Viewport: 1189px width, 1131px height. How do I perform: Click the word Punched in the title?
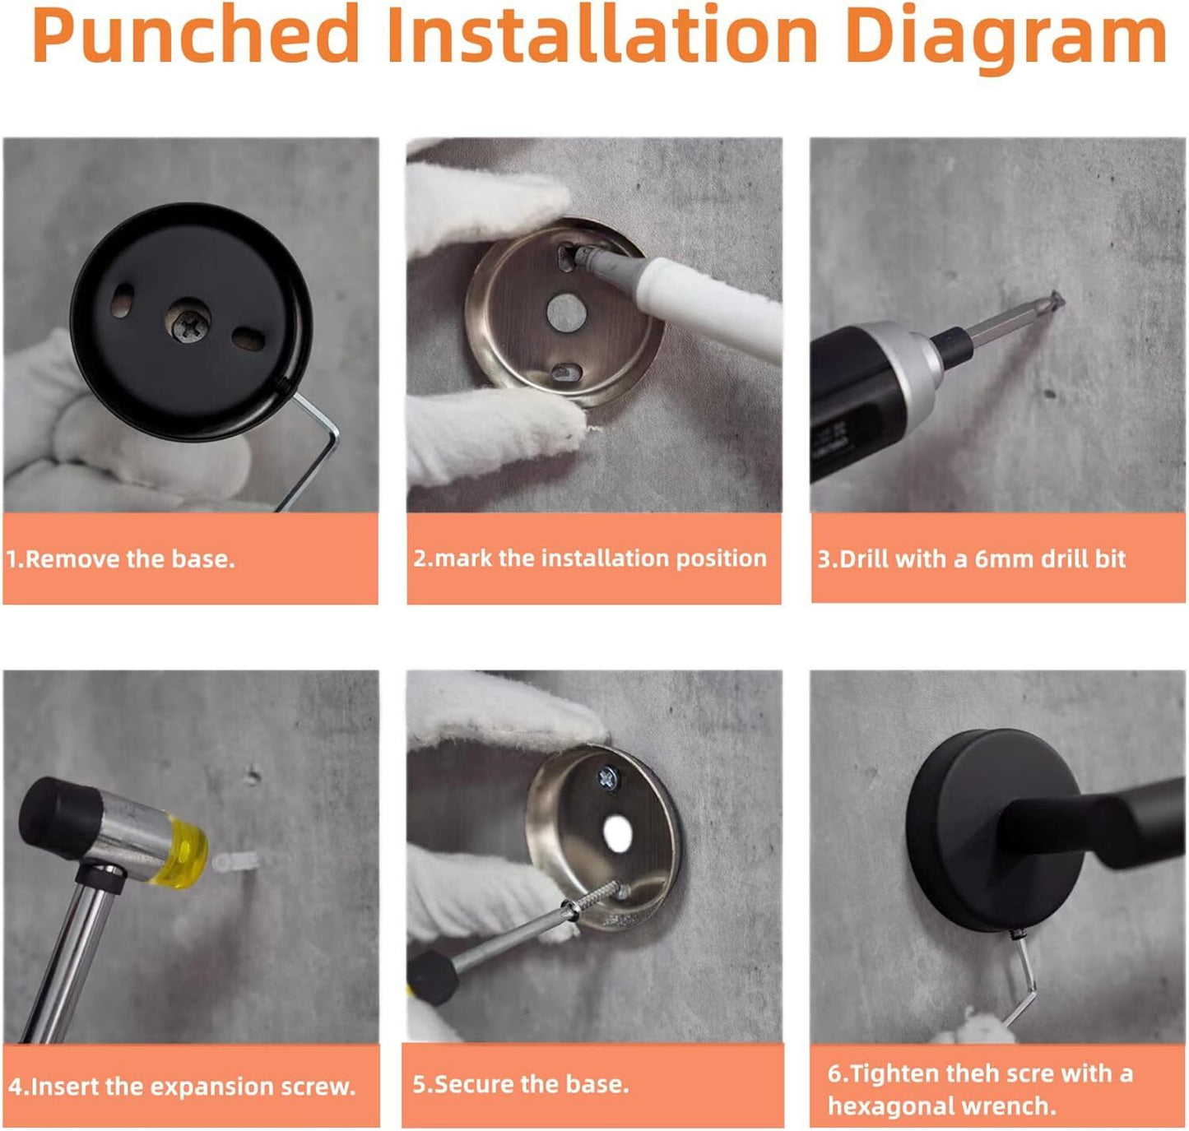click(195, 35)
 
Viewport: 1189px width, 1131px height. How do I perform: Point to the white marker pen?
click(684, 295)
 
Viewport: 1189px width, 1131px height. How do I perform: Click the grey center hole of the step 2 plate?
click(567, 313)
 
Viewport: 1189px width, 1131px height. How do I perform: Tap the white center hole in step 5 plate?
click(617, 835)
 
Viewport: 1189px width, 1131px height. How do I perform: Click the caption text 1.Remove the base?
click(120, 559)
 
